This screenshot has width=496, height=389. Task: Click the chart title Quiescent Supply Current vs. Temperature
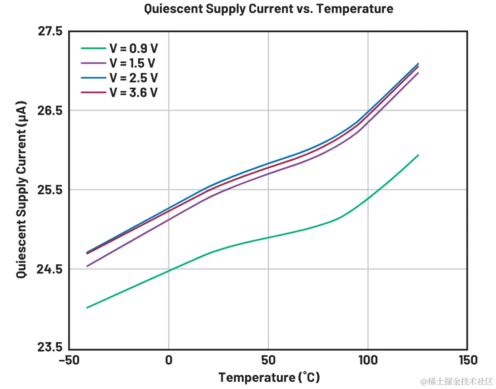pos(268,9)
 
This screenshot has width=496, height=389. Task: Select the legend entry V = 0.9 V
pos(133,49)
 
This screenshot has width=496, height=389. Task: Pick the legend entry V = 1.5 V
pos(133,63)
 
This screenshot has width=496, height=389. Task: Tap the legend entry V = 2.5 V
pos(133,78)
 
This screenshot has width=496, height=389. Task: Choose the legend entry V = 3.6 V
pos(133,92)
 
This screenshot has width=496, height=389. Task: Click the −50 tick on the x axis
pos(69,360)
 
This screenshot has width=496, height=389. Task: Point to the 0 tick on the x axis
pos(169,360)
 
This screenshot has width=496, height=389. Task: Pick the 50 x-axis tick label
pos(268,360)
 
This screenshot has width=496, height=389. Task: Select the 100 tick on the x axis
pos(368,360)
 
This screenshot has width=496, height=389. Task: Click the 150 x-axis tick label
pos(467,360)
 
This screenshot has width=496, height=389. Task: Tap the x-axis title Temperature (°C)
pos(269,377)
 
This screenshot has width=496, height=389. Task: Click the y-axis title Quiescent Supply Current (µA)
pos(21,189)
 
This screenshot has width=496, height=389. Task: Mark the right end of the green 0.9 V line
pos(418,155)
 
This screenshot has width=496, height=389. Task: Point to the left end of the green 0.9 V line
pos(87,308)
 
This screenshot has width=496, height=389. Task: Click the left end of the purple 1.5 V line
pos(87,266)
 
